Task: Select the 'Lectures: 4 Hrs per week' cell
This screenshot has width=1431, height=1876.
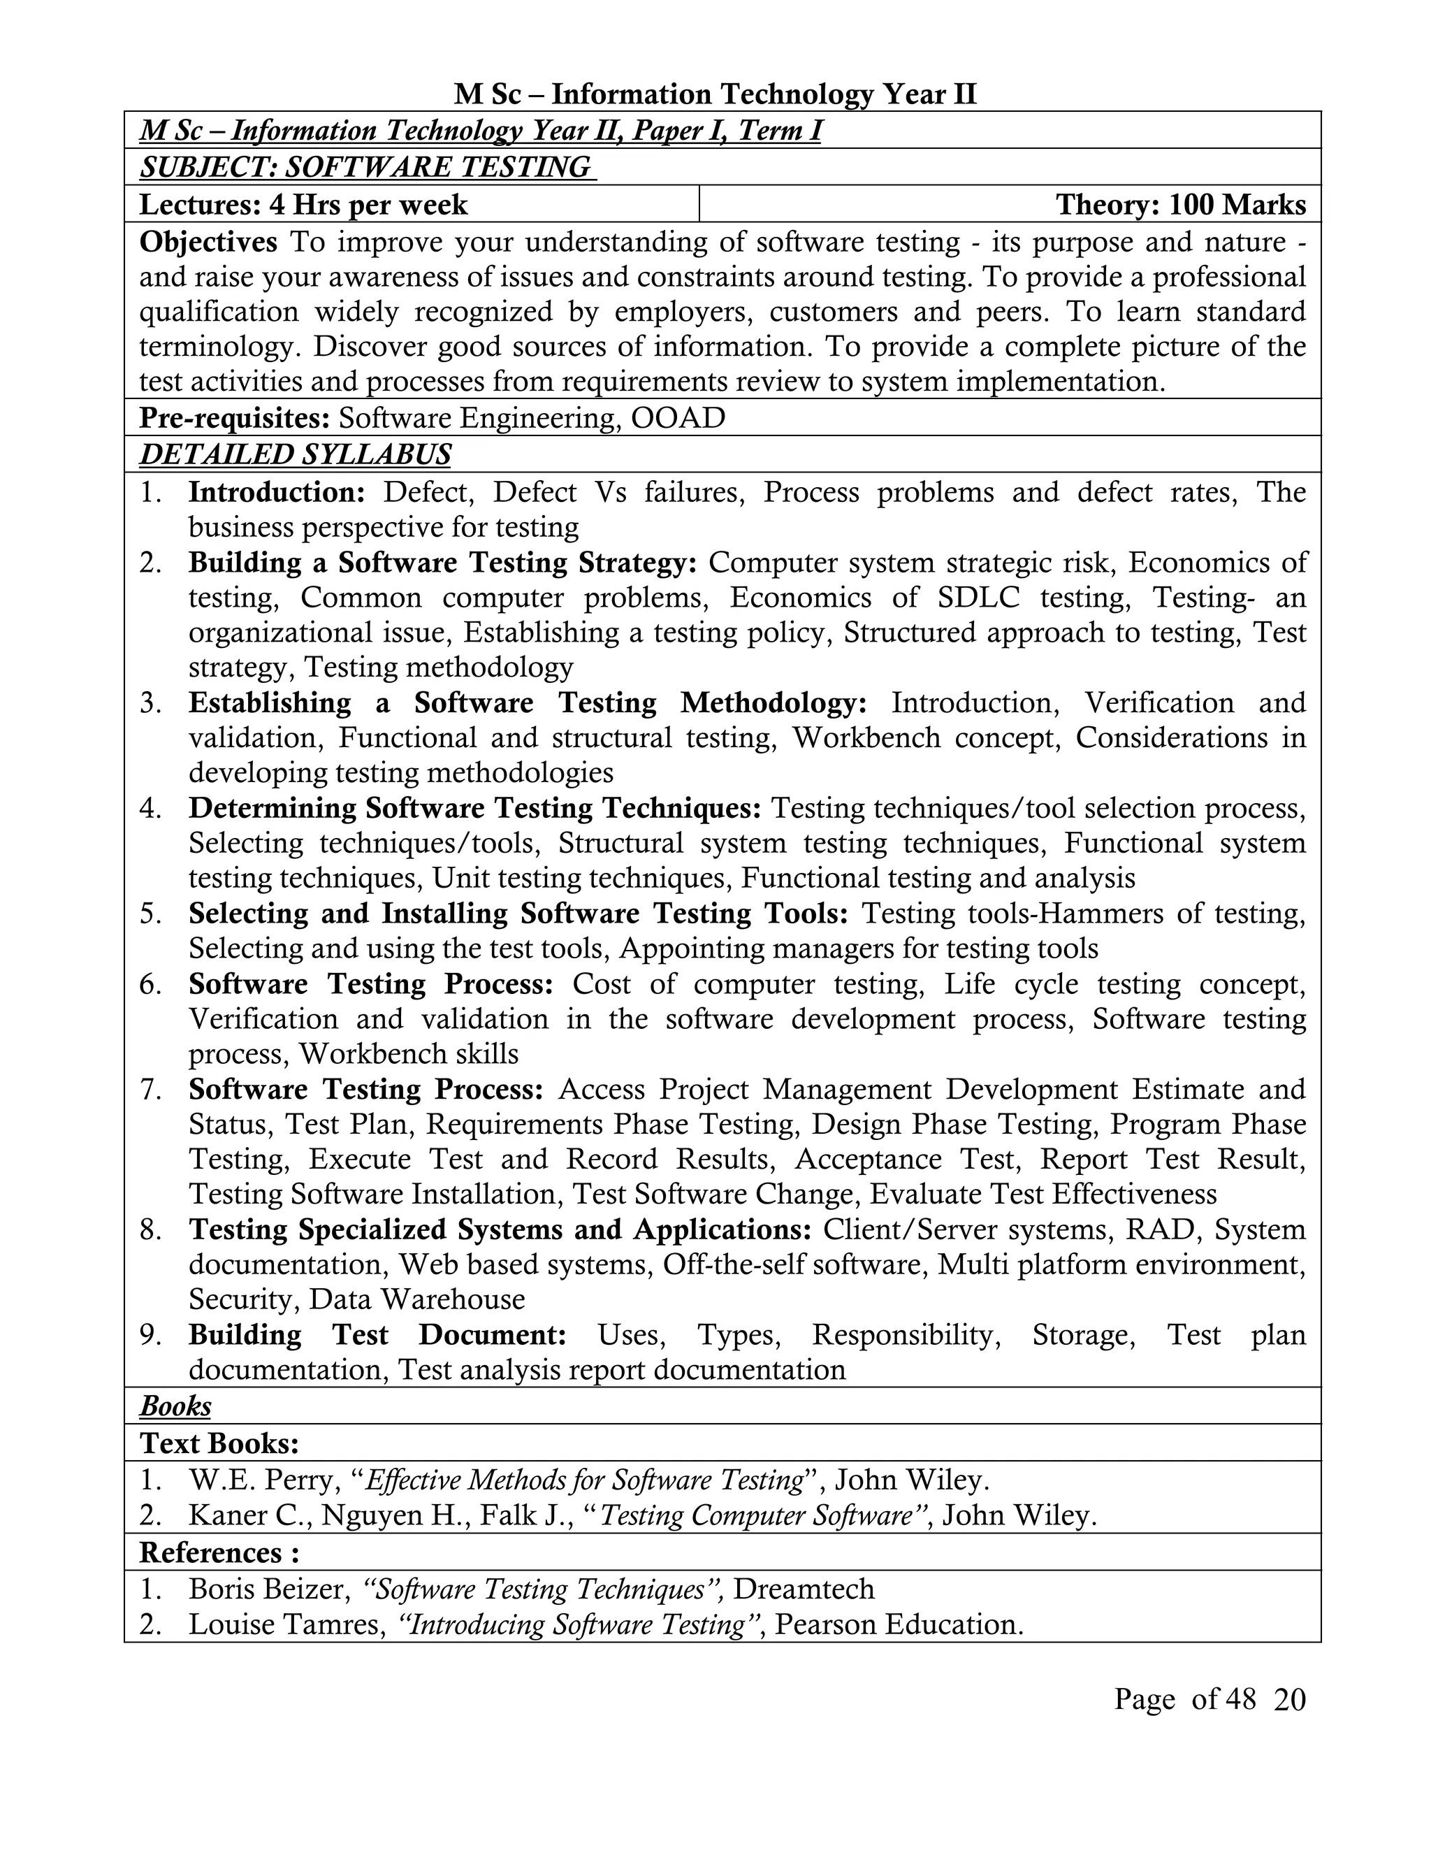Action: tap(303, 205)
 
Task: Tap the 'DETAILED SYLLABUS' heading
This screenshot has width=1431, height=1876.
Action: tap(295, 455)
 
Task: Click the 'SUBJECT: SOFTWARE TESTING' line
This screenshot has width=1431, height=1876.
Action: tap(366, 168)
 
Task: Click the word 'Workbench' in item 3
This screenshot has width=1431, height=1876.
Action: tap(866, 738)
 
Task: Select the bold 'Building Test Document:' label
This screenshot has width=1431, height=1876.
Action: tap(377, 1335)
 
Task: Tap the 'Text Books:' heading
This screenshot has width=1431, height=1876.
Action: tap(219, 1443)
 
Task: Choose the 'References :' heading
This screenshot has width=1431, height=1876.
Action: tap(219, 1552)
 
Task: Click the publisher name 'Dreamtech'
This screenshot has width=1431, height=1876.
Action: tap(804, 1589)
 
